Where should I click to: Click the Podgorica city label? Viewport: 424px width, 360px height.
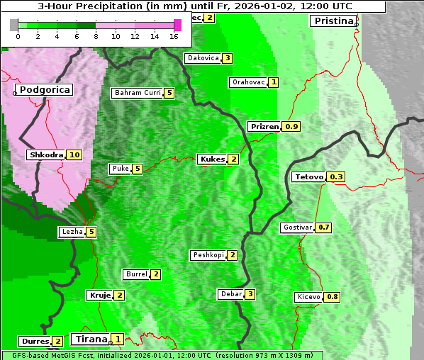tap(44, 90)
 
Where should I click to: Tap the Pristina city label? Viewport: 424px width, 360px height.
tap(332, 21)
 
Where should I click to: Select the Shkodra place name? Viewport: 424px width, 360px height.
tap(46, 155)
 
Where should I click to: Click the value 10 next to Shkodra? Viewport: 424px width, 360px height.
tap(74, 155)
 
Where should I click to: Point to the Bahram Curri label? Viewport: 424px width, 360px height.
tap(138, 93)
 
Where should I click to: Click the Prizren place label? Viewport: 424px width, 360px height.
tap(264, 127)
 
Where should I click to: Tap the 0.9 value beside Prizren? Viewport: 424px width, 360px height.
tap(291, 127)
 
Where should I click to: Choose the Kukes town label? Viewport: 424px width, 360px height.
tap(212, 159)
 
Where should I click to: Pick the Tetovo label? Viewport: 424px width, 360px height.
tap(308, 177)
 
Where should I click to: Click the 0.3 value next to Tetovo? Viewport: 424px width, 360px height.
tap(336, 177)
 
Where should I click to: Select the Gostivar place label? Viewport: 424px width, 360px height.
tap(297, 227)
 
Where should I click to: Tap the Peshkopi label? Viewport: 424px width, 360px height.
tap(208, 255)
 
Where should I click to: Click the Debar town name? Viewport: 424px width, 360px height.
tap(231, 294)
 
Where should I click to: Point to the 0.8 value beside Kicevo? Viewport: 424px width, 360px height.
tap(332, 297)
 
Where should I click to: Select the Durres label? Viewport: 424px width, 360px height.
tap(35, 342)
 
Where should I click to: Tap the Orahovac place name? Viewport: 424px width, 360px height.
tap(248, 82)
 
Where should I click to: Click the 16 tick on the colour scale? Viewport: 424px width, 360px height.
tap(174, 37)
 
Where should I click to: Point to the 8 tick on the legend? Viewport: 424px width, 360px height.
tap(96, 37)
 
